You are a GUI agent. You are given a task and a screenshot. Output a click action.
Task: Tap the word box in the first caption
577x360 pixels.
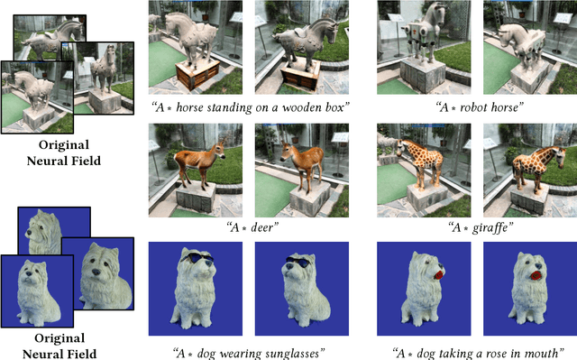click(x=334, y=107)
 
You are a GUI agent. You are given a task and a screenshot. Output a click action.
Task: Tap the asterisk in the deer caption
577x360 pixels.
click(x=244, y=228)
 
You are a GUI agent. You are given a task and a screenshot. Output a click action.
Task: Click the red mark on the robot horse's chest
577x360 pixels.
click(x=414, y=32)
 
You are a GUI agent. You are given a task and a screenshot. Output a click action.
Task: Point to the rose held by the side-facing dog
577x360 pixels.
click(x=438, y=276)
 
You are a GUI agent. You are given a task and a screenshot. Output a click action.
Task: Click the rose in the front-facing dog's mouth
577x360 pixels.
click(x=535, y=275)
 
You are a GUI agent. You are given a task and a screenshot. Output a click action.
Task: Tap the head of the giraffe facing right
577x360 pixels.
click(x=561, y=156)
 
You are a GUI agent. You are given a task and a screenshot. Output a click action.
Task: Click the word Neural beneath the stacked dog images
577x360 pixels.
click(x=41, y=354)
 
